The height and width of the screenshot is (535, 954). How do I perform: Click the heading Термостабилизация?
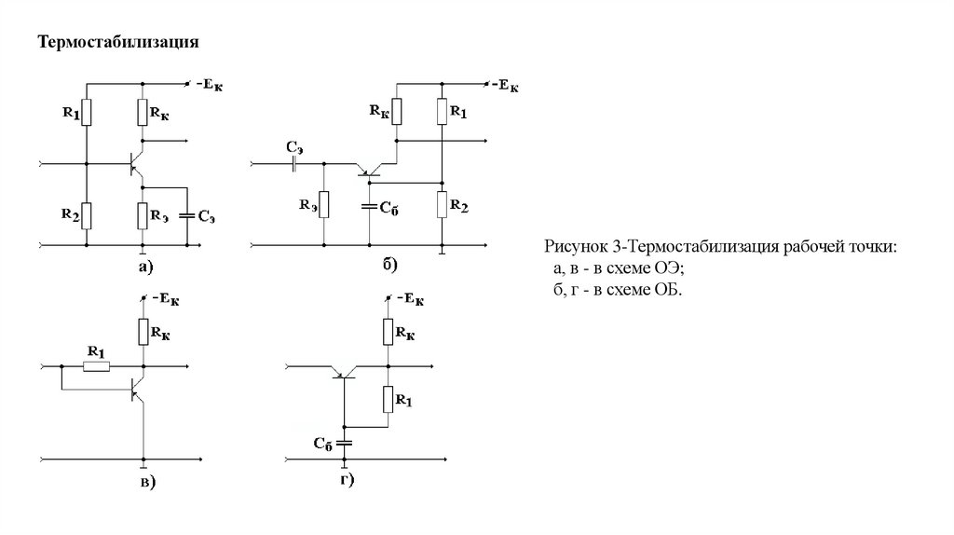[119, 43]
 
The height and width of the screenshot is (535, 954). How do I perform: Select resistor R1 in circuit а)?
[87, 113]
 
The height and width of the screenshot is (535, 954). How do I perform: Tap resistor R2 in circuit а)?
[87, 216]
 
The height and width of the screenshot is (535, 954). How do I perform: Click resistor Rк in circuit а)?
[143, 113]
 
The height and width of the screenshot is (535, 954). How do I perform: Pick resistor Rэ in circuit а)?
[143, 216]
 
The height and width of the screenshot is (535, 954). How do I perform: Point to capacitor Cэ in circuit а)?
[186, 215]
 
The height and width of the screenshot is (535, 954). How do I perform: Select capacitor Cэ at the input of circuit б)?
[295, 164]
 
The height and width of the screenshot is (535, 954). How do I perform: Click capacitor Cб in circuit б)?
[369, 205]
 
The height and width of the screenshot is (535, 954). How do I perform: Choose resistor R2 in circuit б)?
[441, 203]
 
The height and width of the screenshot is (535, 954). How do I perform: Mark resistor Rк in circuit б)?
[396, 112]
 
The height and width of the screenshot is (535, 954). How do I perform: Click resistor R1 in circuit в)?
[98, 366]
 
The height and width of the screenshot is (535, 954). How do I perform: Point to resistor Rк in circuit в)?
[143, 331]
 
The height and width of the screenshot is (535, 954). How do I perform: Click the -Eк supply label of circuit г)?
[411, 299]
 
